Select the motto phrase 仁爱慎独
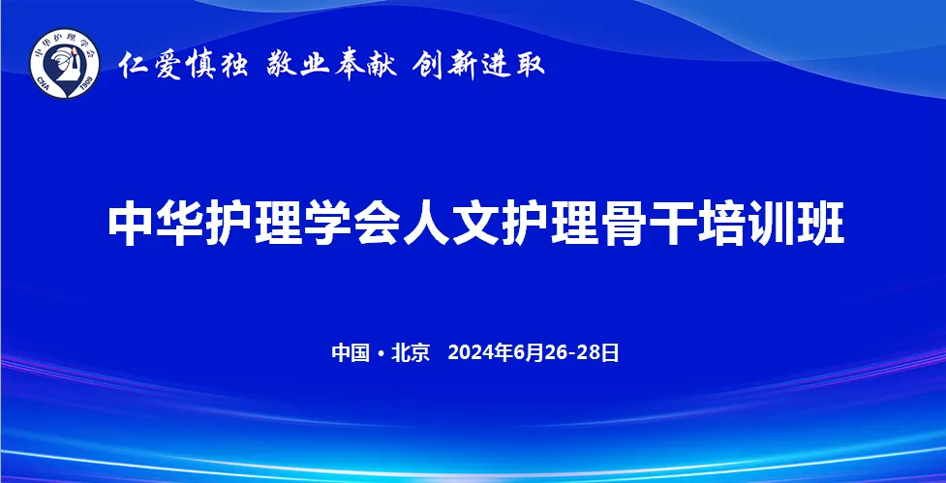pos(183,65)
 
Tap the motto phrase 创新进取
pos(479,65)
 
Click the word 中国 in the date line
pos(351,352)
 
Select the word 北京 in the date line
pos(411,352)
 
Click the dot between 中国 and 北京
pos(381,353)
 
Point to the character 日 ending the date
pos(611,352)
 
